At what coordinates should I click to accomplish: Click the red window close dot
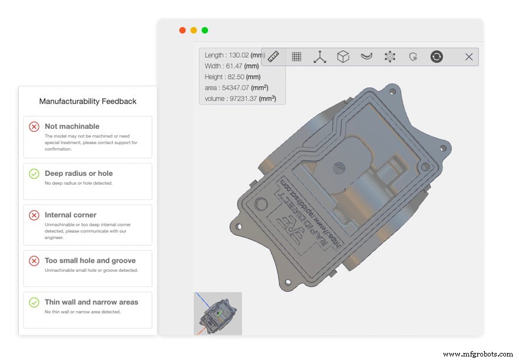click(x=182, y=31)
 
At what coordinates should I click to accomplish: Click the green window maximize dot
click(x=205, y=31)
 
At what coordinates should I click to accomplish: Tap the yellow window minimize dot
click(x=193, y=31)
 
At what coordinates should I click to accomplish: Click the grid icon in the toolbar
click(x=297, y=56)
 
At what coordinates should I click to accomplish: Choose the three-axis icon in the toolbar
click(x=320, y=56)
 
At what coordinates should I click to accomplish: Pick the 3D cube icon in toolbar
click(x=343, y=56)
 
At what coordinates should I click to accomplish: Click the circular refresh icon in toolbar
click(x=436, y=56)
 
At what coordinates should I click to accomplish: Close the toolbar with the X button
click(x=468, y=56)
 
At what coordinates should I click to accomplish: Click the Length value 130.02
click(x=237, y=55)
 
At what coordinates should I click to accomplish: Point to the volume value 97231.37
click(x=237, y=99)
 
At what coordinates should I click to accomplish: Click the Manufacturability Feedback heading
click(x=88, y=101)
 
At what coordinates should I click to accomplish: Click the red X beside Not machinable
click(x=34, y=126)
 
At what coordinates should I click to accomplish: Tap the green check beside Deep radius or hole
click(x=34, y=174)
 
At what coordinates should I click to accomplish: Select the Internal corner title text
click(x=71, y=215)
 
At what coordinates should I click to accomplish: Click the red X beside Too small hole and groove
click(x=34, y=261)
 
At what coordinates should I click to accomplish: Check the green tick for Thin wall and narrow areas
click(x=34, y=302)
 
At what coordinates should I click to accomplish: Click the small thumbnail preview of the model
click(x=217, y=314)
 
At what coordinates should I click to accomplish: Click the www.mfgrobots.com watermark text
click(x=477, y=354)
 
